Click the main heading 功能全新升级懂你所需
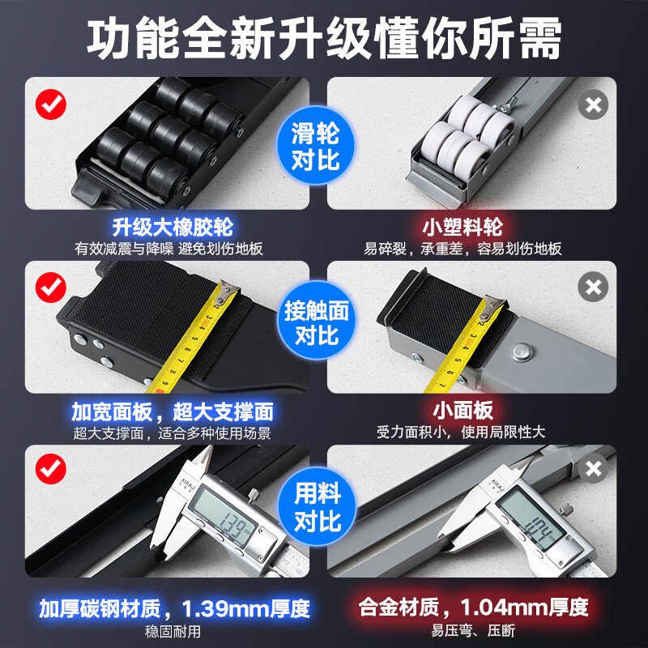coord(324,38)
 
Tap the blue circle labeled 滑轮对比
coord(316,145)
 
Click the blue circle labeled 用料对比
coord(317,505)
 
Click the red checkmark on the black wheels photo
coord(51,104)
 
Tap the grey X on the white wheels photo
coord(593,104)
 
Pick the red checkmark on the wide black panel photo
coord(51,288)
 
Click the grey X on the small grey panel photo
coord(593,287)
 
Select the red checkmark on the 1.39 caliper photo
coord(51,469)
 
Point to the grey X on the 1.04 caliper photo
coord(594,469)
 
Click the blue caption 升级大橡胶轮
coord(173,227)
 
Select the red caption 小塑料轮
coord(463,227)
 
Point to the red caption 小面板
coord(463,411)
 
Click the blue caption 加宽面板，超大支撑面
coord(173,411)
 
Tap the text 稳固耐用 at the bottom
coord(173,632)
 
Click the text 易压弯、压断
coord(473,631)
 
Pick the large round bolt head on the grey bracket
coord(522,352)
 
